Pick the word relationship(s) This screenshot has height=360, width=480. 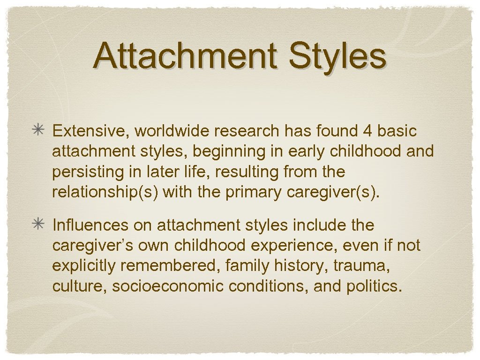(107, 193)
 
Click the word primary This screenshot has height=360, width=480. (253, 193)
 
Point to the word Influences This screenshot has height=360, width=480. (90, 225)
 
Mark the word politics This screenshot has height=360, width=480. (374, 286)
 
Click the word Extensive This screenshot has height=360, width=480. (88, 132)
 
